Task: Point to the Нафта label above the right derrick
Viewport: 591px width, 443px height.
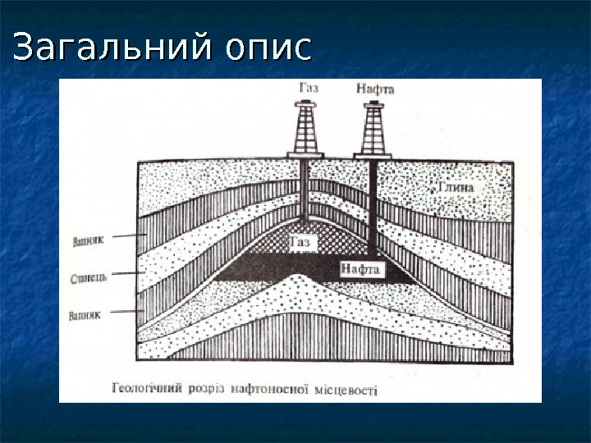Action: [375, 87]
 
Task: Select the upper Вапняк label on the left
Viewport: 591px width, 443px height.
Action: [86, 243]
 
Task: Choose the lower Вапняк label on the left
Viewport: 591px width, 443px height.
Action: [86, 315]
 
